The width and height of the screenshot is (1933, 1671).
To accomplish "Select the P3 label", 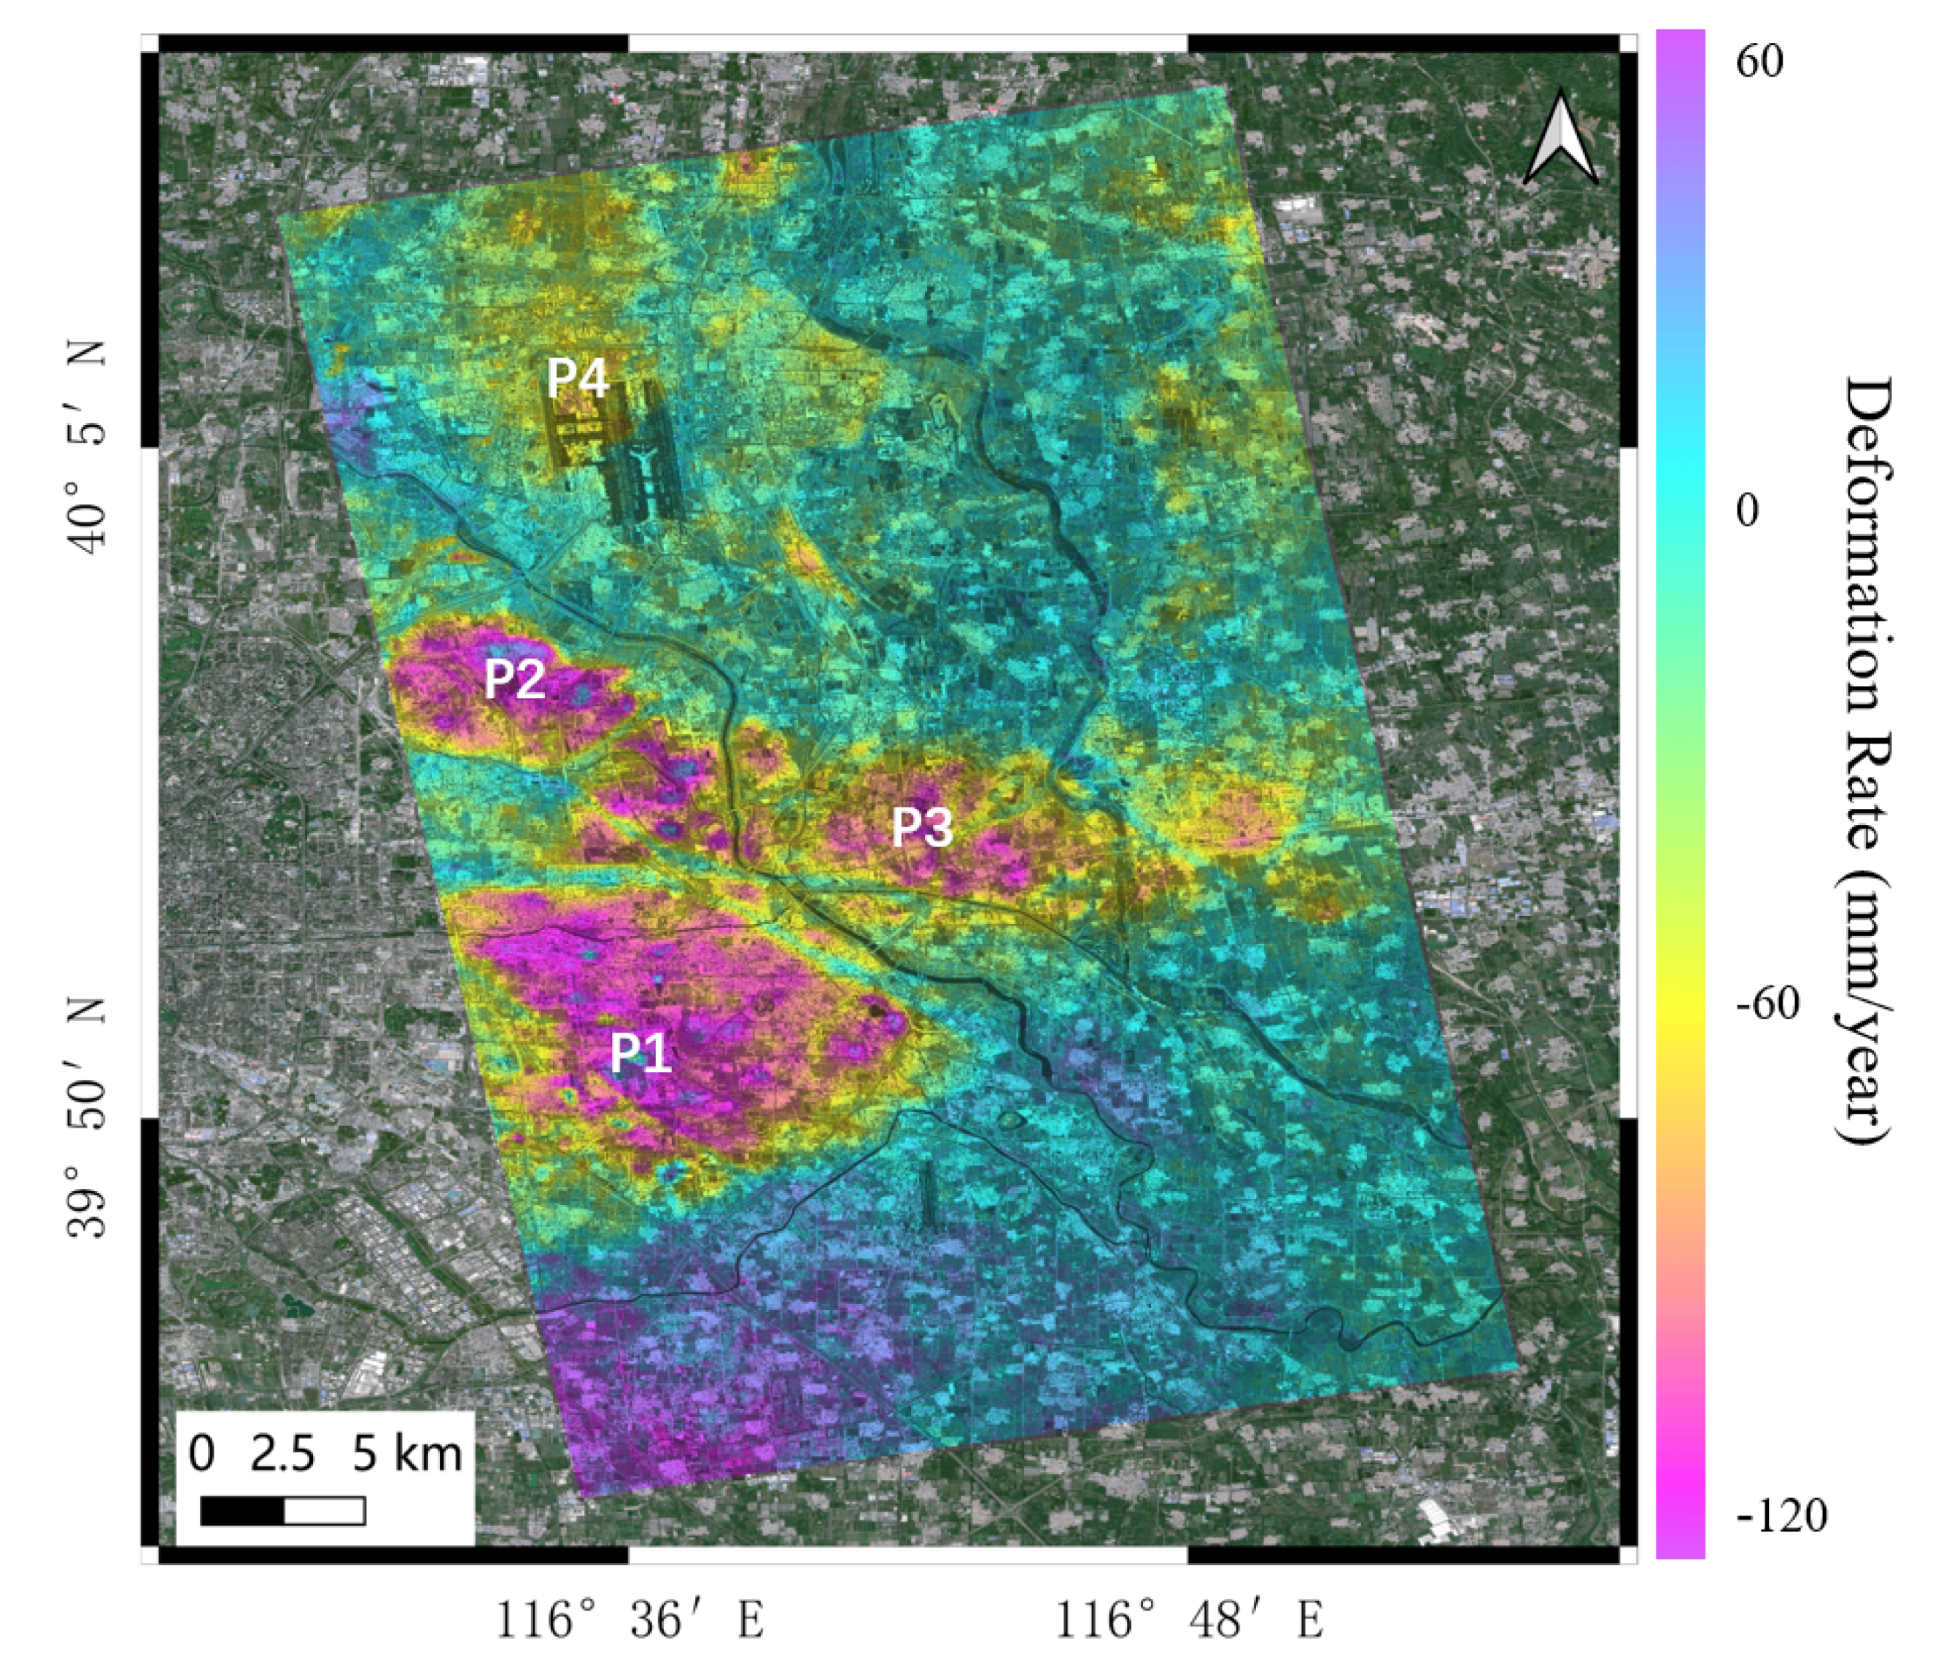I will click(922, 826).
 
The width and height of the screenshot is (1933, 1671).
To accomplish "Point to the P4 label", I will click(578, 378).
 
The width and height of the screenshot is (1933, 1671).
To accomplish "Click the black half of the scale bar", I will click(243, 1511).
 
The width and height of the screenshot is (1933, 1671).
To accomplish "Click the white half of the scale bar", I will click(324, 1511).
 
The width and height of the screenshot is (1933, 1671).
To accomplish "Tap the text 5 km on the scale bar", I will click(407, 1454).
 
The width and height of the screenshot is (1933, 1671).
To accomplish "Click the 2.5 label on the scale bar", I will click(282, 1454).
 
